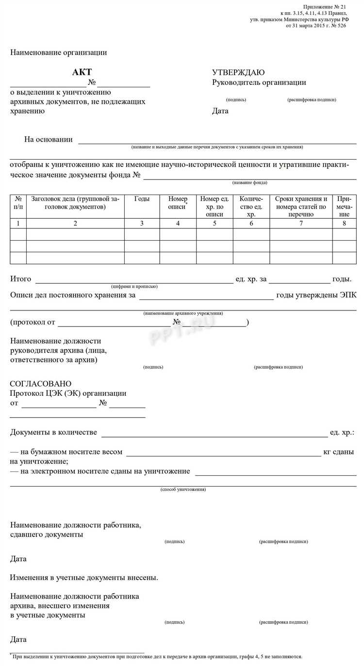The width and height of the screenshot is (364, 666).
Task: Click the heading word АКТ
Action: point(82,72)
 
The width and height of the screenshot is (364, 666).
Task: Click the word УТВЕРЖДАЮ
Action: point(238,72)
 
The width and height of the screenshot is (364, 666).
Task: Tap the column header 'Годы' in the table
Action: point(142,199)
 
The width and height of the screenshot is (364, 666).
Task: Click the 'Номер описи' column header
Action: point(178,203)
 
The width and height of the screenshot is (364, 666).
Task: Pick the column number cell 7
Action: point(301,224)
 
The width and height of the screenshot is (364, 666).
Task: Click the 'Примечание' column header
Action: point(344,206)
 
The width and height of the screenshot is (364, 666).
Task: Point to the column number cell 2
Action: point(75,224)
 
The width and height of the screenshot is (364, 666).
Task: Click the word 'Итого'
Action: point(21,279)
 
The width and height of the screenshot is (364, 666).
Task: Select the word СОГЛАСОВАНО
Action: point(41,384)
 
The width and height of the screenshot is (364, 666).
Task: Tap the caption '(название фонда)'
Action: point(249,183)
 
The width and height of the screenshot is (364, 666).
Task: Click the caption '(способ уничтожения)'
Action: point(183,489)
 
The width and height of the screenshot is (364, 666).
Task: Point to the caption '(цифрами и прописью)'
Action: point(134,286)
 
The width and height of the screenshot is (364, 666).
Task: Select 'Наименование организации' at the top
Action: point(59,52)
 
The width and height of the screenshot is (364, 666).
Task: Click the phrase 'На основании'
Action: point(49,140)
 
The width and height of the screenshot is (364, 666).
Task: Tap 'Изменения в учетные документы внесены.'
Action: point(84,578)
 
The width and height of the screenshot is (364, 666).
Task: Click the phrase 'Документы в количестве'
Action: point(53,432)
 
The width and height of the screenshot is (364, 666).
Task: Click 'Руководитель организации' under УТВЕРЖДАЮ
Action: point(259,82)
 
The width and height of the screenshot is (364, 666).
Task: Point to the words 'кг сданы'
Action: point(338,452)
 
